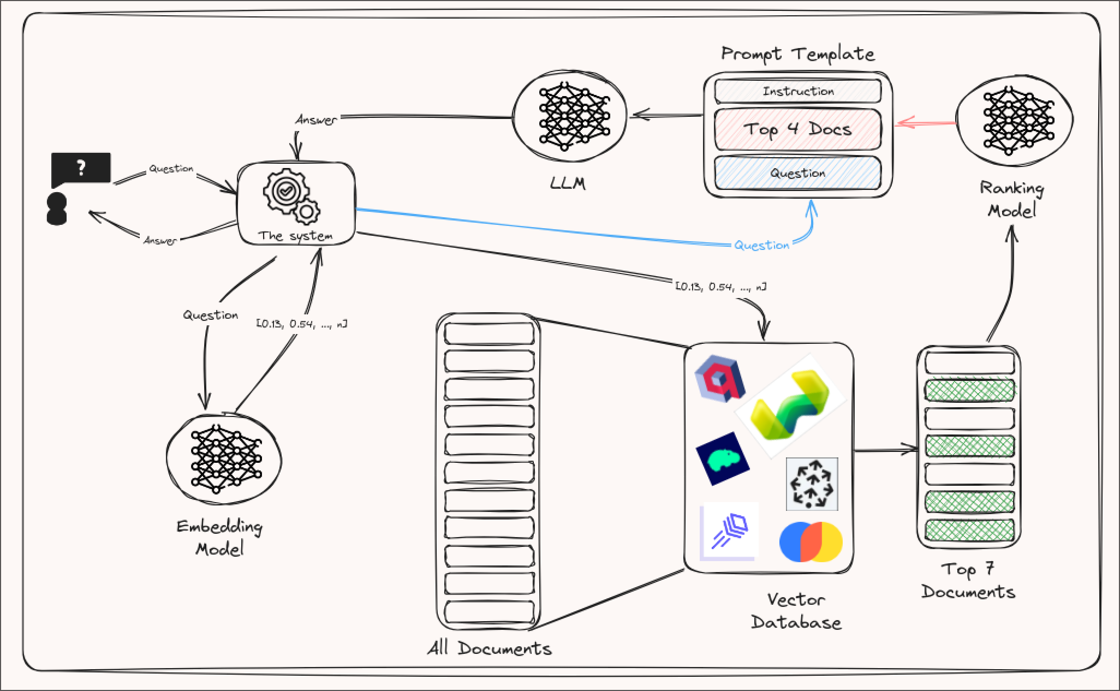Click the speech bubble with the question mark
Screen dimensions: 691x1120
[81, 169]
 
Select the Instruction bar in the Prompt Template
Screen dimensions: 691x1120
[797, 91]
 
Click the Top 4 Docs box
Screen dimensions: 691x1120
[797, 129]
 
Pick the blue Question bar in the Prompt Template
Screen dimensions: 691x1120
[797, 173]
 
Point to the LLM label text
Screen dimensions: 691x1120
[568, 183]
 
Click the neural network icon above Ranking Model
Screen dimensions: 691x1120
[1015, 120]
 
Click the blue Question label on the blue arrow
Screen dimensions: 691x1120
[761, 245]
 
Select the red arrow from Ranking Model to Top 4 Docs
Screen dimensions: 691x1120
[925, 123]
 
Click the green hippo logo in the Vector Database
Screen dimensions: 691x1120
[723, 459]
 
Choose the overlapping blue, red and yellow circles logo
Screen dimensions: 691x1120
[811, 541]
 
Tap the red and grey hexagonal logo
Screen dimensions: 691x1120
[720, 378]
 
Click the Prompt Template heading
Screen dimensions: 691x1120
[797, 54]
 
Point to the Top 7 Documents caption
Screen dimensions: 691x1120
[968, 581]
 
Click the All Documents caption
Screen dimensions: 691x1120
[489, 648]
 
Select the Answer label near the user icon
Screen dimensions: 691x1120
[160, 240]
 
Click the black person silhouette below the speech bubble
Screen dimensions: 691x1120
[57, 209]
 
